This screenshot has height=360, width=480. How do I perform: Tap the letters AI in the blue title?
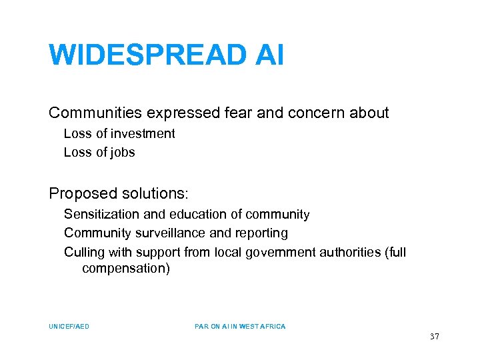(x=269, y=55)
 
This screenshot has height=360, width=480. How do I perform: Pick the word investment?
(x=141, y=133)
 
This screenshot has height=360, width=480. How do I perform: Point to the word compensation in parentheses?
(x=126, y=268)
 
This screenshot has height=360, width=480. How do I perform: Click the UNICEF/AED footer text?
(x=69, y=327)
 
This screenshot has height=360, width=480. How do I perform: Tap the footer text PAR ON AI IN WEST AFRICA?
(x=240, y=327)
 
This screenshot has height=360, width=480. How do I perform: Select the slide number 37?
(x=435, y=337)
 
